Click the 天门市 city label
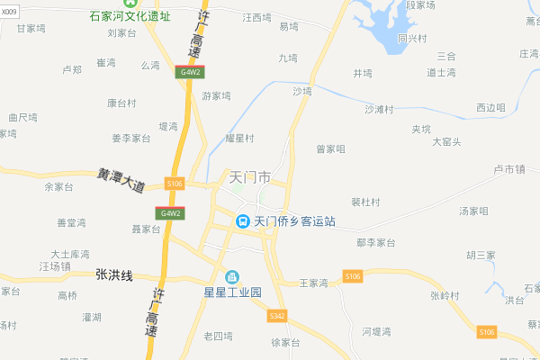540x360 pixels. click(x=251, y=178)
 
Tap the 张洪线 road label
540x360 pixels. click(x=114, y=274)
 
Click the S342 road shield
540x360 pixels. click(x=277, y=316)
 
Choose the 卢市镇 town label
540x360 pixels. click(x=509, y=169)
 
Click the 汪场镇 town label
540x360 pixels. click(x=55, y=267)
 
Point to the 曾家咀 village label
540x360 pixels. click(x=330, y=148)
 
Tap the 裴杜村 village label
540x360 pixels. click(x=365, y=202)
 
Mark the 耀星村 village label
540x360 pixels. click(x=240, y=139)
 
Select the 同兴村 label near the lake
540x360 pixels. click(x=412, y=39)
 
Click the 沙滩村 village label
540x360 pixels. click(x=380, y=110)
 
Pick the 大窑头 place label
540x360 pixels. click(x=446, y=141)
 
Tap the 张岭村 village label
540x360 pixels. click(x=445, y=295)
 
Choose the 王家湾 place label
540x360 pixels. click(x=313, y=283)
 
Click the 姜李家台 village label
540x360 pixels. click(x=130, y=139)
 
